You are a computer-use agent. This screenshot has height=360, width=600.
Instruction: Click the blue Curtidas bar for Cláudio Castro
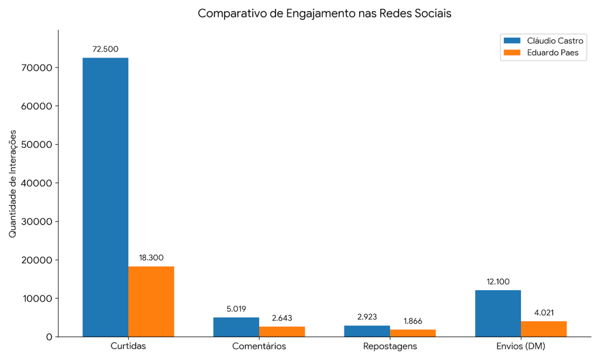click(x=105, y=197)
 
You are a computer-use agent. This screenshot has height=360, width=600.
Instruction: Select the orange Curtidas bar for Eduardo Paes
click(x=151, y=301)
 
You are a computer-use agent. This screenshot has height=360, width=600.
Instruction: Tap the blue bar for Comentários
click(x=236, y=327)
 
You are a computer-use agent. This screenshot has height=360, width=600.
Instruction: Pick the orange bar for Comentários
click(x=282, y=331)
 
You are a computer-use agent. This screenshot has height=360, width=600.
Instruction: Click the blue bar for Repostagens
click(x=367, y=331)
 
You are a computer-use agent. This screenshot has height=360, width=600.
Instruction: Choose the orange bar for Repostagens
click(x=412, y=333)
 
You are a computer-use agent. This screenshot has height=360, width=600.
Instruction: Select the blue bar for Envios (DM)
click(x=497, y=313)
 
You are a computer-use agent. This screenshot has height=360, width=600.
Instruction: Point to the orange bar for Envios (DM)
click(x=543, y=329)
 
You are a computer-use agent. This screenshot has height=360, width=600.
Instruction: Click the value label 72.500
click(x=105, y=49)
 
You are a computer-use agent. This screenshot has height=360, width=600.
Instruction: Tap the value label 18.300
click(x=151, y=257)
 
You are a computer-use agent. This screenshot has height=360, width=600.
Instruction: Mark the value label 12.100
click(x=497, y=281)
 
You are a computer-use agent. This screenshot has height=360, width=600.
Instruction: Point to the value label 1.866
click(x=412, y=321)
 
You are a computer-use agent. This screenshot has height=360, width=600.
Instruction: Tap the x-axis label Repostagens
click(x=390, y=346)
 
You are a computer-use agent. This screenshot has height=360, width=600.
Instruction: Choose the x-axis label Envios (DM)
click(x=520, y=346)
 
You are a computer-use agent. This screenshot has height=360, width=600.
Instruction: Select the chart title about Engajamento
click(x=325, y=13)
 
